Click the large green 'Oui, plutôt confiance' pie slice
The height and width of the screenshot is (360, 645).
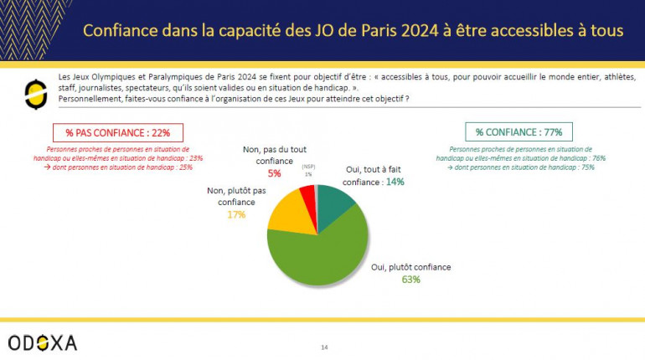pyautogui.click(x=322, y=251)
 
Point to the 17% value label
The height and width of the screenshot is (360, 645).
pyautogui.click(x=236, y=215)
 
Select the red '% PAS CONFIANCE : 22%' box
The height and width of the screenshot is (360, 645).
pyautogui.click(x=118, y=132)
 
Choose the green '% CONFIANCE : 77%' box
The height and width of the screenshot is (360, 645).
pyautogui.click(x=512, y=131)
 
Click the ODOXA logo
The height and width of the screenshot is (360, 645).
pyautogui.click(x=43, y=342)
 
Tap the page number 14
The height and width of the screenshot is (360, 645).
pyautogui.click(x=325, y=347)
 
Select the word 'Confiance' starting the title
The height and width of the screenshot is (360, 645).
pyautogui.click(x=116, y=31)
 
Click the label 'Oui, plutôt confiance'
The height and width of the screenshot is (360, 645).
pyautogui.click(x=411, y=267)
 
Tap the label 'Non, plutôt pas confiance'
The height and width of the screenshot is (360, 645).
pyautogui.click(x=236, y=196)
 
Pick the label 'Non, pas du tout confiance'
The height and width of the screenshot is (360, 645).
pyautogui.click(x=270, y=155)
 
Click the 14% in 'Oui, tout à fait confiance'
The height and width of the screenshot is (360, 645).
pyautogui.click(x=395, y=182)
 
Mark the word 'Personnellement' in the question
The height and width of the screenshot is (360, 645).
pyautogui.click(x=93, y=99)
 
